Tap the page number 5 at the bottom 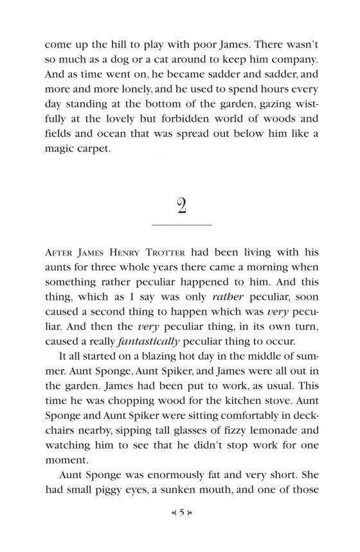click(x=182, y=530)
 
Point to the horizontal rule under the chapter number click(x=181, y=225)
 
